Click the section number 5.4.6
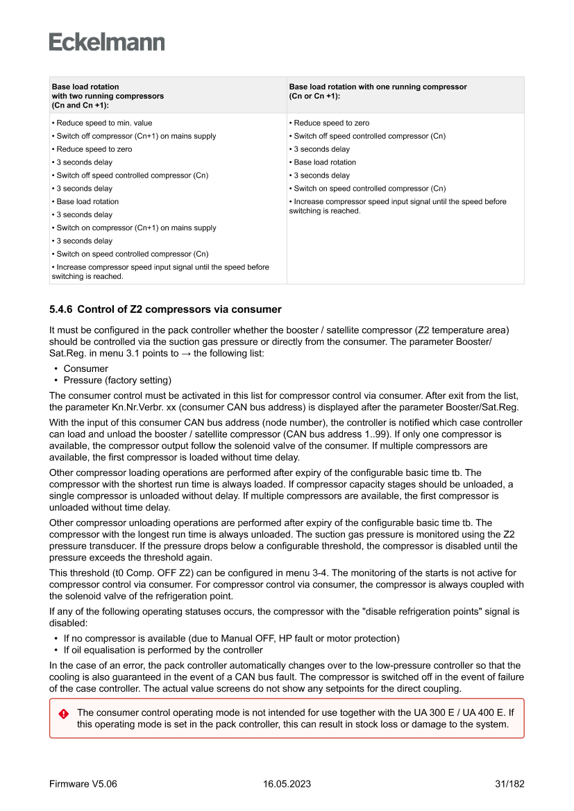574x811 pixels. [x=60, y=309]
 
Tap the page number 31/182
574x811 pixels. [x=509, y=784]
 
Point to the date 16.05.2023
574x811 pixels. [x=287, y=784]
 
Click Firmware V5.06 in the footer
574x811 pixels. [x=83, y=784]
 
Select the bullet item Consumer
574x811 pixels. [x=85, y=368]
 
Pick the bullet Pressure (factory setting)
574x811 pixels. [x=117, y=380]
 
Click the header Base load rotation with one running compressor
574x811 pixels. [x=378, y=87]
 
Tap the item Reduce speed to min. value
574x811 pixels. [x=104, y=123]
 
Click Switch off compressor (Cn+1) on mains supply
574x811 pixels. [x=136, y=136]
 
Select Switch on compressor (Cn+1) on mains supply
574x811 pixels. [x=136, y=228]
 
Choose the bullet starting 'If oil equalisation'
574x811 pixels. [x=163, y=650]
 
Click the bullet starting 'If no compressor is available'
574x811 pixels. [x=231, y=638]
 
